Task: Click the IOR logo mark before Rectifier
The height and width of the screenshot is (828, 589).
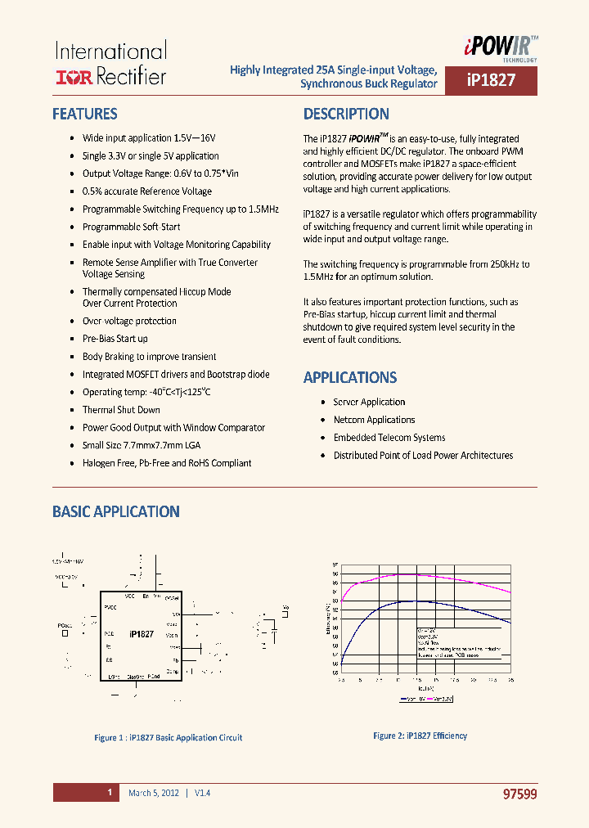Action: click(x=74, y=78)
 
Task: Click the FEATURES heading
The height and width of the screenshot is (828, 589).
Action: click(x=84, y=115)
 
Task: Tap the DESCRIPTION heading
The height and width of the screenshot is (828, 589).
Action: click(x=346, y=115)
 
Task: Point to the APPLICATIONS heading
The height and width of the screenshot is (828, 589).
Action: click(x=350, y=378)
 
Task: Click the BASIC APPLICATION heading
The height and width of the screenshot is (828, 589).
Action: click(x=115, y=512)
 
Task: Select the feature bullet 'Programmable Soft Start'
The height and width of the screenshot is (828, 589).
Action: click(x=131, y=227)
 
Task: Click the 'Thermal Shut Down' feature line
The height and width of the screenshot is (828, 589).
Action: click(x=121, y=410)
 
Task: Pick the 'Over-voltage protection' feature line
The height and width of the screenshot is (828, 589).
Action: click(x=129, y=321)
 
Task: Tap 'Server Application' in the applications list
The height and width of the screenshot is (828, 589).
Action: click(x=369, y=402)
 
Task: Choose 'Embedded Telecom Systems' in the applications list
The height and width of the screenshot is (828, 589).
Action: click(x=389, y=438)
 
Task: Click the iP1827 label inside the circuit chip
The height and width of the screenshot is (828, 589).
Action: click(x=142, y=634)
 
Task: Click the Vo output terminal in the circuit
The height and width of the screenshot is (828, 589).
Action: click(x=286, y=608)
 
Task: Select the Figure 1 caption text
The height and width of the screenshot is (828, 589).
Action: click(x=168, y=738)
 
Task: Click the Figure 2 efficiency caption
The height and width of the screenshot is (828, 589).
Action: click(x=420, y=736)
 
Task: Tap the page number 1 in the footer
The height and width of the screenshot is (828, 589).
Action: click(x=109, y=793)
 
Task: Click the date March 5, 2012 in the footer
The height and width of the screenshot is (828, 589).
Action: click(x=153, y=793)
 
